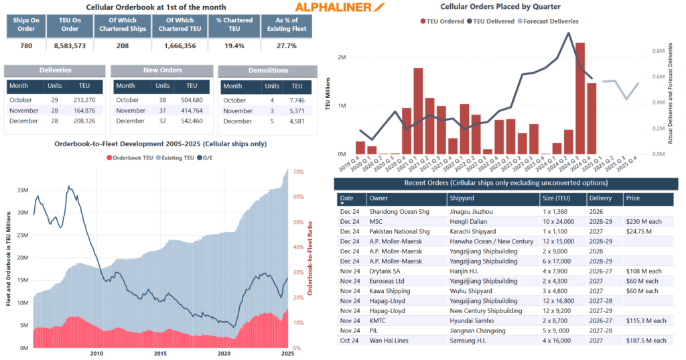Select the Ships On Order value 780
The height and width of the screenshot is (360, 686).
coord(25,46)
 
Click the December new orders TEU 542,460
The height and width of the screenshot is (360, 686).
coord(192,121)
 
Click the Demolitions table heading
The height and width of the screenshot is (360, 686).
coord(264,70)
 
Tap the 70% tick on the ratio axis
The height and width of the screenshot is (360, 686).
coord(299,172)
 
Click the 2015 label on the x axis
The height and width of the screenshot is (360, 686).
coord(159,353)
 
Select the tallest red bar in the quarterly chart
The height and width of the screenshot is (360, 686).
coord(580,98)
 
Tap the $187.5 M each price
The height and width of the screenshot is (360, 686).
coord(646,341)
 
